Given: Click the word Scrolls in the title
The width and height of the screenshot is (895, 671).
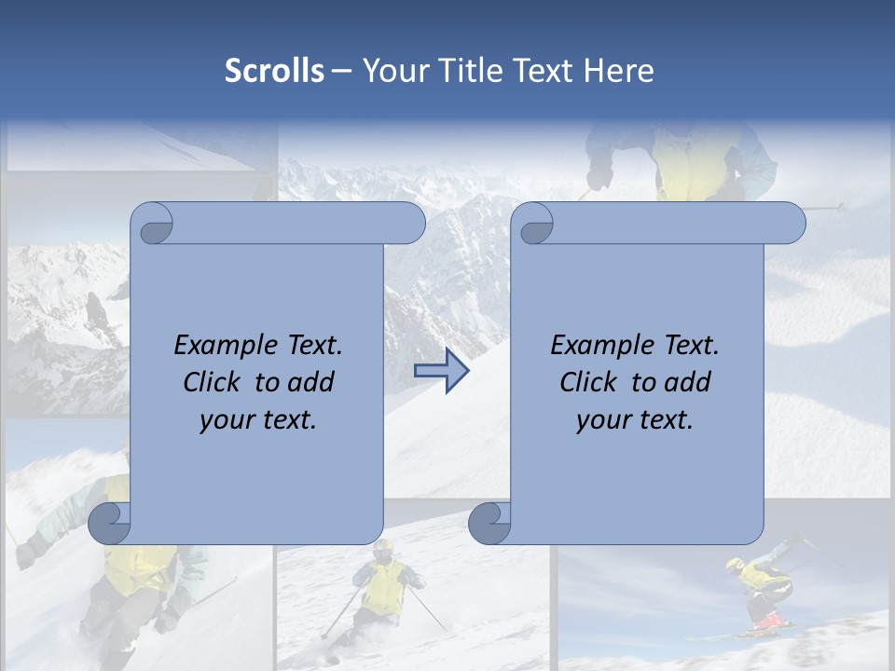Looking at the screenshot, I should (275, 71).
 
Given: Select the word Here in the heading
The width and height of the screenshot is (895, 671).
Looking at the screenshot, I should (619, 71).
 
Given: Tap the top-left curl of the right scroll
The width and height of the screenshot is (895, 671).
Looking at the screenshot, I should (534, 225).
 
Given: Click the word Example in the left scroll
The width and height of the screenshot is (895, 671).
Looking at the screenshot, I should (221, 346).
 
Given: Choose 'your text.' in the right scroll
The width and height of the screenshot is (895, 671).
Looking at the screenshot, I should (635, 420).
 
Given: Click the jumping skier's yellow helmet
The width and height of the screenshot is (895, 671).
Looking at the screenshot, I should (736, 565).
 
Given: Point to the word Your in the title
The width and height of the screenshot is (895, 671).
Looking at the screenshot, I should (392, 71).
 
